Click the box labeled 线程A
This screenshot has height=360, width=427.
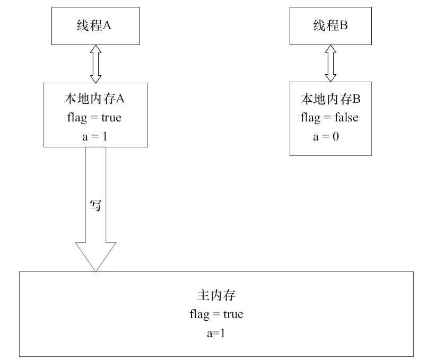(95, 25)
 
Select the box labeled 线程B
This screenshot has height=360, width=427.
(330, 25)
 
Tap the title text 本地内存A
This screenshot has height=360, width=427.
(95, 99)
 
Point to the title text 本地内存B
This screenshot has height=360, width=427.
(330, 99)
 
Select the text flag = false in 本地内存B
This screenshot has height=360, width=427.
(329, 117)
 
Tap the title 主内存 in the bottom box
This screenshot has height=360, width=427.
(216, 296)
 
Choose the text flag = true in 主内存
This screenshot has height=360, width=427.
(216, 314)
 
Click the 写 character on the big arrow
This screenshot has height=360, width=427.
(95, 206)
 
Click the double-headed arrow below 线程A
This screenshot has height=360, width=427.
(95, 64)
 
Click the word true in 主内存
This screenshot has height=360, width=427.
(233, 314)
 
